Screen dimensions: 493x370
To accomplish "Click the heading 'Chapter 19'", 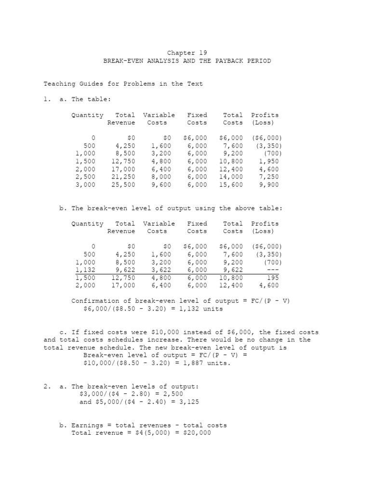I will click(188, 53).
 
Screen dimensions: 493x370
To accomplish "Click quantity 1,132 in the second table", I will click(85, 270).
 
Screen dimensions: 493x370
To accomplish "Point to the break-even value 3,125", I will click(189, 402).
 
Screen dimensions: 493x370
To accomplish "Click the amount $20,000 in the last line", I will click(195, 433).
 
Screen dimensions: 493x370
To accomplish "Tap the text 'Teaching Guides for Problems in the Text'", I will click(123, 84).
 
